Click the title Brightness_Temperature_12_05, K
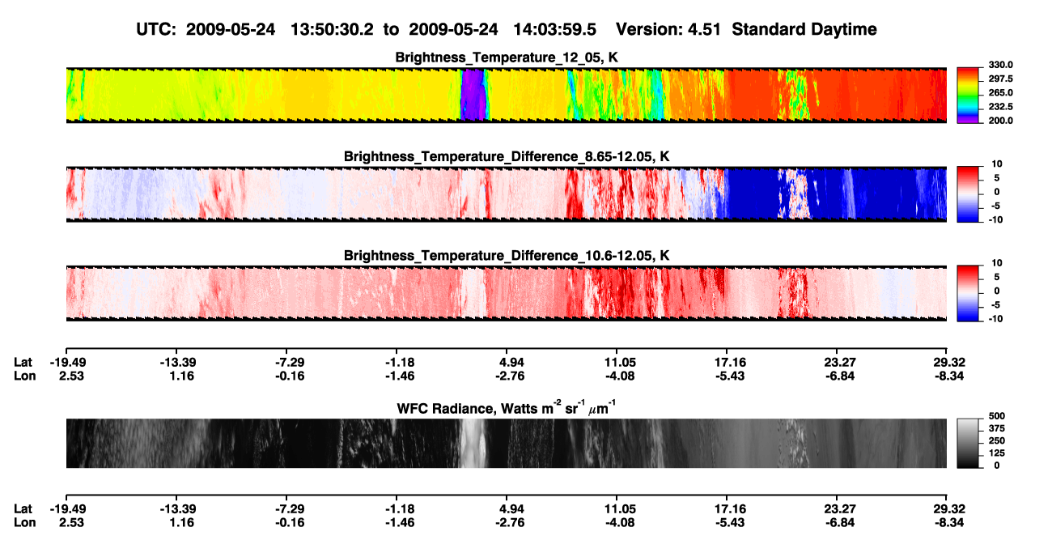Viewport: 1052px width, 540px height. tap(507, 57)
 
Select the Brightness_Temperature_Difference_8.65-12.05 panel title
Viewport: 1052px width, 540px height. tap(507, 156)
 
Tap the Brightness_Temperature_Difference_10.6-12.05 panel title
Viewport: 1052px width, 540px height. tap(507, 256)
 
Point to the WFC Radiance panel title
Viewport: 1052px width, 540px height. tap(507, 408)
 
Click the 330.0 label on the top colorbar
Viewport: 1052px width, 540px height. tap(1000, 65)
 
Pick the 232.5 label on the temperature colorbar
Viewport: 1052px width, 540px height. tap(1000, 107)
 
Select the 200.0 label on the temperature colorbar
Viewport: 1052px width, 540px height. tap(1000, 121)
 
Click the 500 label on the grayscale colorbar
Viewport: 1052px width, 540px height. tap(997, 416)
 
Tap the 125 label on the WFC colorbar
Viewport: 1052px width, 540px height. tap(997, 453)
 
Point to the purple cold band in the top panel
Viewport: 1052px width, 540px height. tap(473, 95)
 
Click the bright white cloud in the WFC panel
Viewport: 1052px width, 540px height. tap(472, 443)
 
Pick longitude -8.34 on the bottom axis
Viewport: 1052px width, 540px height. tap(949, 523)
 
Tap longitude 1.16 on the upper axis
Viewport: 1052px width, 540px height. tap(182, 376)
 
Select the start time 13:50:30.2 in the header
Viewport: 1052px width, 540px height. tap(332, 29)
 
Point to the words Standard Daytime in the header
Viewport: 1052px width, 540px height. tap(804, 30)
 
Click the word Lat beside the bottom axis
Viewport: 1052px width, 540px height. tap(23, 509)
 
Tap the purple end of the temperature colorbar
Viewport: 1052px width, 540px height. tap(968, 120)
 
